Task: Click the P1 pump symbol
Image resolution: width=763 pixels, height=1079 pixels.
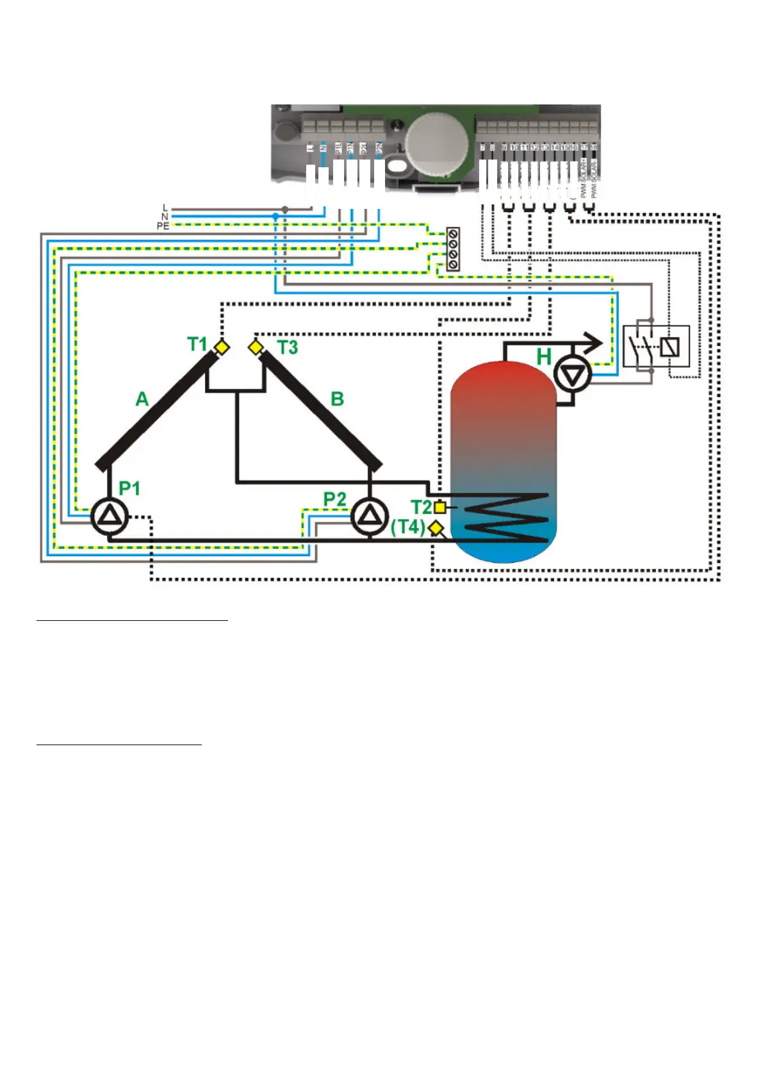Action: coord(110,516)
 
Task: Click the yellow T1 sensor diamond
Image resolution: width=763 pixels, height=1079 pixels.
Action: coord(222,347)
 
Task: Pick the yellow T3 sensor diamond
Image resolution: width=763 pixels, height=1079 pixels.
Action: coord(256,347)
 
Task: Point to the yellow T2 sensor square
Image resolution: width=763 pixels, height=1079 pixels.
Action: coord(440,507)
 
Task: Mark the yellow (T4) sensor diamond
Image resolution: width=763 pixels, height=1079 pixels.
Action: coord(436,528)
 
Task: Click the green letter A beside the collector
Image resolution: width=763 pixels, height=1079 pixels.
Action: coord(142,399)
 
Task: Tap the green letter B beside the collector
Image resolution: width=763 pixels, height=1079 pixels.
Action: coord(337,399)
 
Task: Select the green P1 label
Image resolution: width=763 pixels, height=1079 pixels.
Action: coord(129,488)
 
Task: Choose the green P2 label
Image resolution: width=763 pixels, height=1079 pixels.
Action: coord(334,498)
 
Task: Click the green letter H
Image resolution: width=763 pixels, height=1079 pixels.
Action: coord(544,357)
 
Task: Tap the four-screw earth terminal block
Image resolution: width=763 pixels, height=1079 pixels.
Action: coord(453,248)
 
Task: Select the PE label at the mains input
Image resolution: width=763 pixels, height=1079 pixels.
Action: coord(163,226)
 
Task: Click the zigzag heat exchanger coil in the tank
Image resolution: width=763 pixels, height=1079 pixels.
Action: coord(506,518)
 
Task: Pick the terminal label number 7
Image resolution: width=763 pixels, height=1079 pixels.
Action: coord(482,147)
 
